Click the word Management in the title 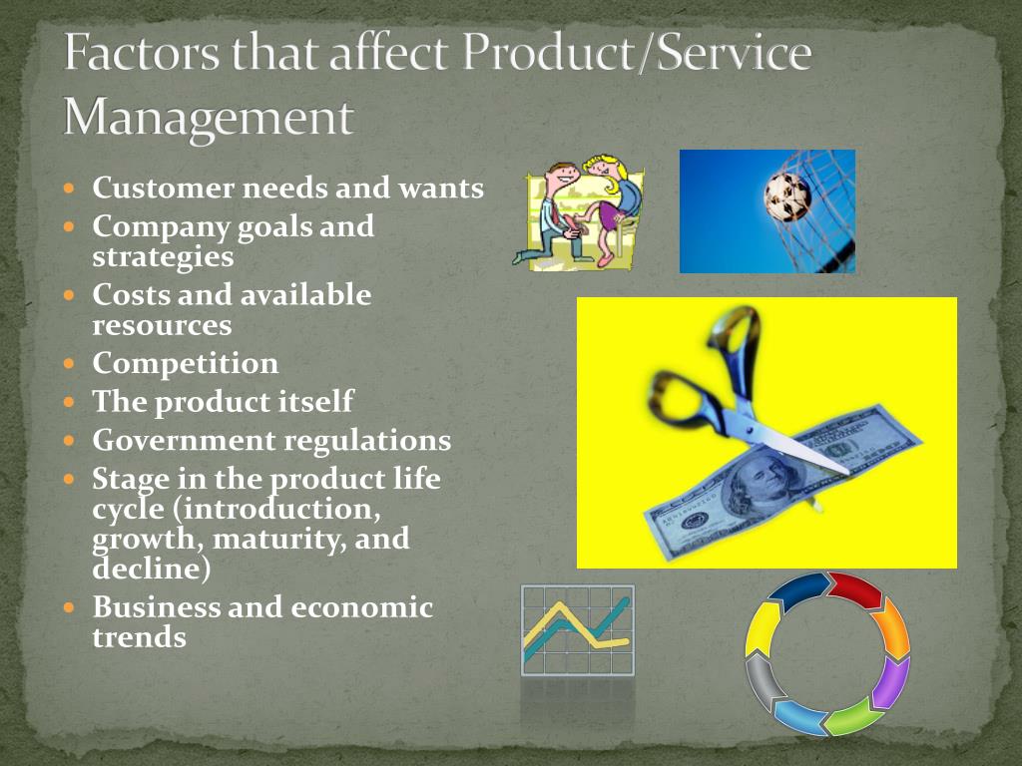[x=209, y=119]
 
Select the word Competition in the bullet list [x=185, y=363]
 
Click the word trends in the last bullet [x=139, y=636]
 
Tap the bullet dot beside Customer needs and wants [x=70, y=189]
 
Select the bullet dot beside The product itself [x=70, y=402]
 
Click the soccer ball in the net [x=787, y=196]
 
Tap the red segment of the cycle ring [x=855, y=590]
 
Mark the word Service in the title [x=734, y=53]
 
